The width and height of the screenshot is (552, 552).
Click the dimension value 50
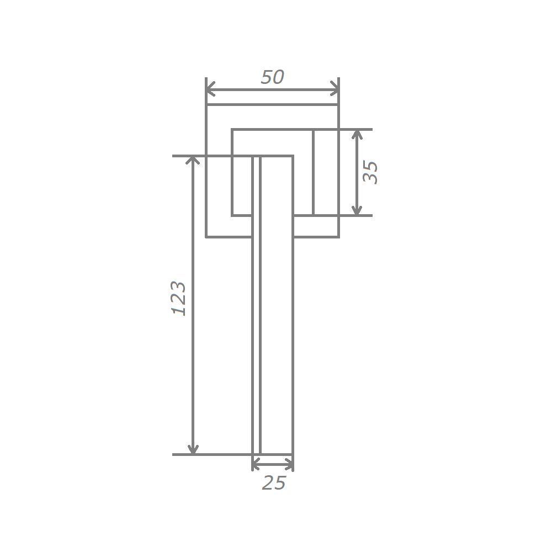[273, 77]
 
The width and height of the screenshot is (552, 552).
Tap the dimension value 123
[178, 298]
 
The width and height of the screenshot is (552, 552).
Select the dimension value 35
[370, 172]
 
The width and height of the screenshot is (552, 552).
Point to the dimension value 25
[274, 482]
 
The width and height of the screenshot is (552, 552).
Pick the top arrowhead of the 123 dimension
[193, 160]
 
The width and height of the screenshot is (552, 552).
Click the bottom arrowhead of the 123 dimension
[193, 450]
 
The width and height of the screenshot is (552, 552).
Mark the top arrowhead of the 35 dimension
[357, 134]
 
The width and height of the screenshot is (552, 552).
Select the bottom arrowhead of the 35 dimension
[357, 210]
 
